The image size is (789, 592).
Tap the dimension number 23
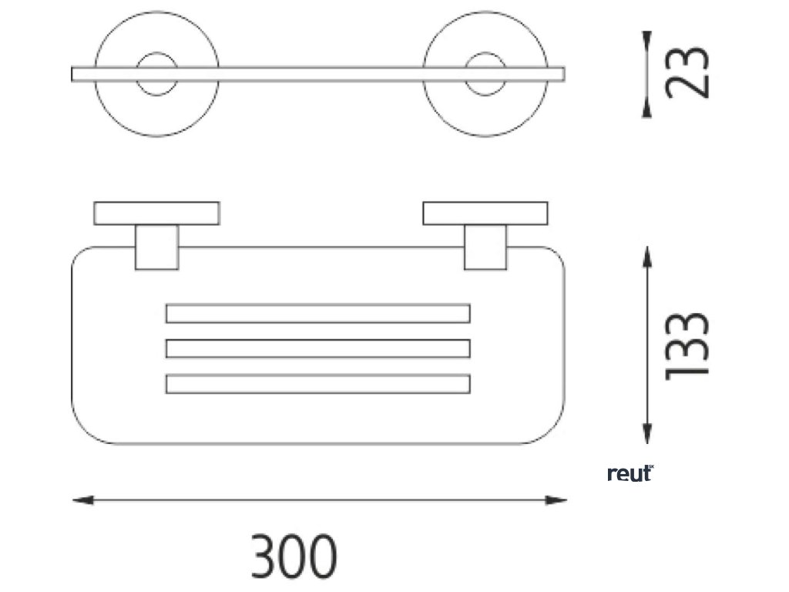686,73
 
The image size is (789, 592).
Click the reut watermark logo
630,473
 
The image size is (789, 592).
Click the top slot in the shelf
317,314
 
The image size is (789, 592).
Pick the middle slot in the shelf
317,348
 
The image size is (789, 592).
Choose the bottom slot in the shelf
317,383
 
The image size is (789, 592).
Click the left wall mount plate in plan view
156,213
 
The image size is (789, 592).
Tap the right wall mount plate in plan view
485,213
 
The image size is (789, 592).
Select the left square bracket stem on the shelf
156,247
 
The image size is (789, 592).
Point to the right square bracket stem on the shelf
485,247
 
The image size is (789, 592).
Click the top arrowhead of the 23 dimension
647,39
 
